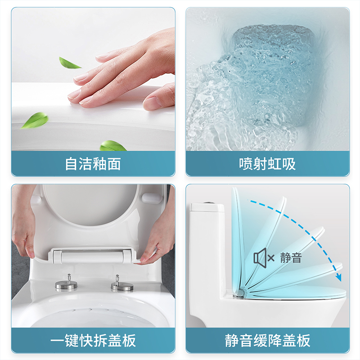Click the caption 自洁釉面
(93, 163)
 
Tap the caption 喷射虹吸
(267, 163)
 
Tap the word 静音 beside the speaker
(291, 258)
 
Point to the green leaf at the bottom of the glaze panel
(112, 146)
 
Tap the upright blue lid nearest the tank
(238, 238)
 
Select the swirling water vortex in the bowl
(270, 81)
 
